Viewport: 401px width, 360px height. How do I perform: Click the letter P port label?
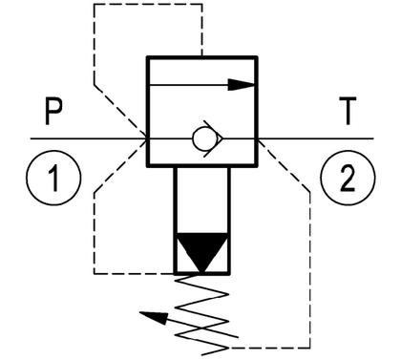pyautogui.click(x=53, y=112)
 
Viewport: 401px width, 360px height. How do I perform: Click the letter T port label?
pyautogui.click(x=348, y=111)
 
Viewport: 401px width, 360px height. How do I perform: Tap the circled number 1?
pyautogui.click(x=53, y=178)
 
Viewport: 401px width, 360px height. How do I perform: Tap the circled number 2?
pyautogui.click(x=348, y=178)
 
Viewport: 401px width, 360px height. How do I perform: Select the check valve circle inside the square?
pyautogui.click(x=201, y=139)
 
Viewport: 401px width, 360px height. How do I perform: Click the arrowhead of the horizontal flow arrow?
pyautogui.click(x=242, y=85)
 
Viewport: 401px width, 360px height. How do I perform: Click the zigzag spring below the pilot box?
pyautogui.click(x=202, y=314)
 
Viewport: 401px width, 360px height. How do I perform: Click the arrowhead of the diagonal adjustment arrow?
pyautogui.click(x=155, y=317)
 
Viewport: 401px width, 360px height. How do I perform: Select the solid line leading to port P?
pyautogui.click(x=89, y=138)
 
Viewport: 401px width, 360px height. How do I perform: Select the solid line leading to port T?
pyautogui.click(x=315, y=138)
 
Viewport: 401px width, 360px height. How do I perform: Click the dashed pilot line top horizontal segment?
pyautogui.click(x=148, y=4)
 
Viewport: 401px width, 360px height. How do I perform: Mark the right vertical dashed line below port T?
pyautogui.click(x=310, y=269)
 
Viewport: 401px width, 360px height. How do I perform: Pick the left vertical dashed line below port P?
pyautogui.click(x=95, y=233)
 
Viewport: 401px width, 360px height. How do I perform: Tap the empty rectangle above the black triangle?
pyautogui.click(x=202, y=200)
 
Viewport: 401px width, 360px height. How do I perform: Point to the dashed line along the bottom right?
pyautogui.click(x=269, y=348)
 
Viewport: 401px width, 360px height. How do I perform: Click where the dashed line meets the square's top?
pyautogui.click(x=202, y=56)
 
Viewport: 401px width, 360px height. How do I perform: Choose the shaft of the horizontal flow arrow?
pyautogui.click(x=189, y=85)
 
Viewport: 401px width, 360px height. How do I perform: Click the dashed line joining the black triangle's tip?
pyautogui.click(x=135, y=273)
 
